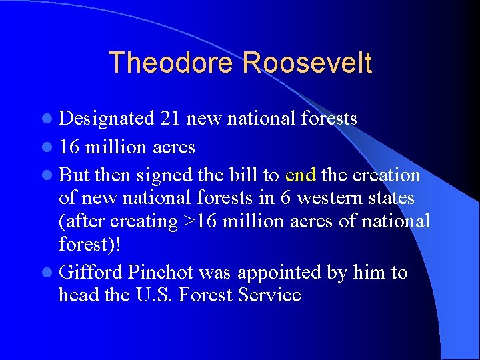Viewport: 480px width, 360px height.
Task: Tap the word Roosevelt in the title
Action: (x=307, y=63)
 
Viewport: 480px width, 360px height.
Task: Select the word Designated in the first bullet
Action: (x=107, y=119)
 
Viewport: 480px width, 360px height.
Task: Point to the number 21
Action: (x=171, y=119)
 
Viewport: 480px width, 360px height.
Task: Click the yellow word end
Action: (x=300, y=175)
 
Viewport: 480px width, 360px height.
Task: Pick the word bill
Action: (x=241, y=175)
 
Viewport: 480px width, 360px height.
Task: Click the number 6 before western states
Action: (x=288, y=199)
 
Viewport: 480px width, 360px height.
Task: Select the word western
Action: (x=330, y=199)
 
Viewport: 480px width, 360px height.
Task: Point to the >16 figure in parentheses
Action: (x=201, y=221)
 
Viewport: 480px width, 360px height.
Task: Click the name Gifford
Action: (x=90, y=273)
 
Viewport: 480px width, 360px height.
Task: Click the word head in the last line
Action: (x=79, y=295)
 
